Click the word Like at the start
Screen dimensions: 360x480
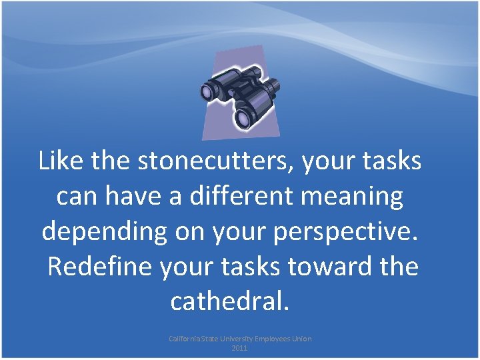coord(59,161)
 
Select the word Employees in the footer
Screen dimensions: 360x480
coord(274,339)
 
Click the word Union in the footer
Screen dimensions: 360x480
coord(302,339)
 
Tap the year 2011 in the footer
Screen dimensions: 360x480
coord(239,348)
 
